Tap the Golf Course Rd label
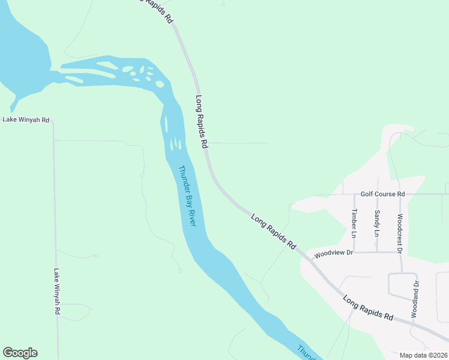(x=382, y=194)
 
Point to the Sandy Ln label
(x=377, y=222)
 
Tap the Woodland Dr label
(x=415, y=299)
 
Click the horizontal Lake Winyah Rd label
(x=25, y=119)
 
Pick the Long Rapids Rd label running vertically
(x=202, y=121)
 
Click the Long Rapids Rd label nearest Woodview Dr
(x=274, y=232)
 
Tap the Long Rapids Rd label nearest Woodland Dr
(x=367, y=307)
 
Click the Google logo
(x=20, y=353)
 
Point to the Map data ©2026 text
(x=424, y=355)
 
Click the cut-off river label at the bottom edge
(x=306, y=352)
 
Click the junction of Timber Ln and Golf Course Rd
(x=354, y=194)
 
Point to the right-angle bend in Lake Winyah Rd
(x=53, y=121)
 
